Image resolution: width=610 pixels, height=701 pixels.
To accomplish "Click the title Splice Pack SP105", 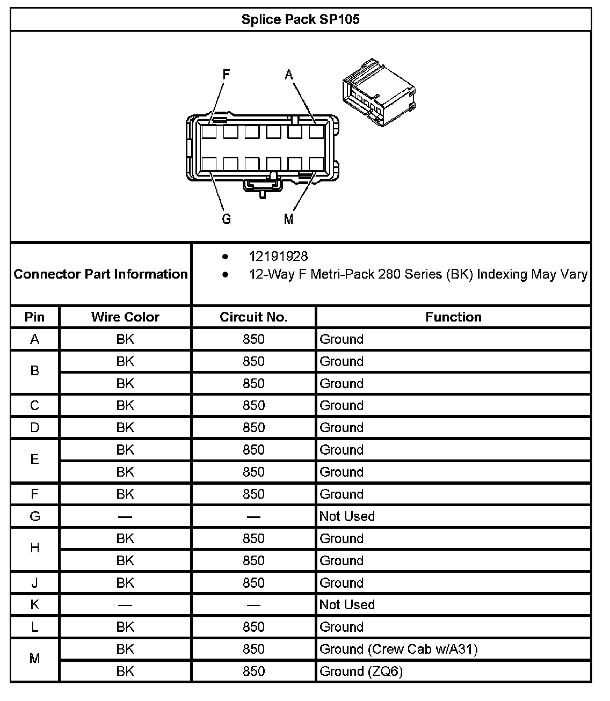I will pos(300,20).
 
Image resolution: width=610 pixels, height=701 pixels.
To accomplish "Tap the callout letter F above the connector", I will pos(226,75).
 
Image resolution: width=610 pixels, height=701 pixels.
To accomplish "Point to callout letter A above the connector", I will pos(289,75).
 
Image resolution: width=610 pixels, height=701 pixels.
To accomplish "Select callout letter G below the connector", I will pos(227,219).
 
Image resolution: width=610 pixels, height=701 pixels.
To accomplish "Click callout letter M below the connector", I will pos(289,219).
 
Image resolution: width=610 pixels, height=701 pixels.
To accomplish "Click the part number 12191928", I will pos(278,257).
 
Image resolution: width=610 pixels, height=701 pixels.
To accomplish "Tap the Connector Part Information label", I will pos(101,274).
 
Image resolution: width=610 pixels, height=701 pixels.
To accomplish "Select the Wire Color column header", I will pos(125,317).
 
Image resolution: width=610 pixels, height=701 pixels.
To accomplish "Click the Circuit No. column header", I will pos(253,317).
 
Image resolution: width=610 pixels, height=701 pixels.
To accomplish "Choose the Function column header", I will pos(453,317).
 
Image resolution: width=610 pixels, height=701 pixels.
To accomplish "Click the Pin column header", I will pos(35,317).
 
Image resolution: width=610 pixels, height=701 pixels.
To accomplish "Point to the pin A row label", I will pos(35,339).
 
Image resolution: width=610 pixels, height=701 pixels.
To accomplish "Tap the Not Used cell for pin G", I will pos(347,516).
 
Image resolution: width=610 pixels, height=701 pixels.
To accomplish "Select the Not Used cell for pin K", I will pos(347,605).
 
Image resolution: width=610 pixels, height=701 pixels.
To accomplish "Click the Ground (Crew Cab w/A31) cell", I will pos(398,649).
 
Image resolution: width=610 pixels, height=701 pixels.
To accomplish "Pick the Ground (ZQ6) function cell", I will pos(361,671).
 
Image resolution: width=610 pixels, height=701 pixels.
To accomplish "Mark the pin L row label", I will pos(35,627).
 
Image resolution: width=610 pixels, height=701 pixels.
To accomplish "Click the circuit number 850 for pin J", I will pos(253,583).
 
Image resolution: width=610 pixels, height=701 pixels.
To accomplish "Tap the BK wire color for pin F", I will pos(125,494).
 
